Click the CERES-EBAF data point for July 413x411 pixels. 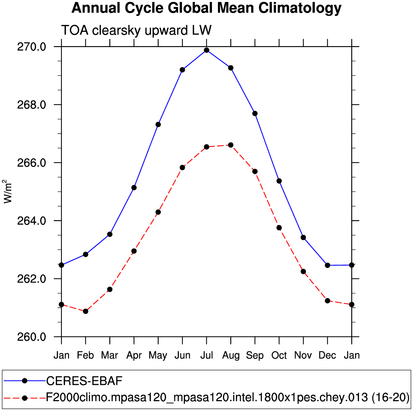206,50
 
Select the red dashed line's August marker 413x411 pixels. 231,145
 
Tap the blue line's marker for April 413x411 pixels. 134,188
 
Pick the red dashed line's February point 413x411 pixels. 86,311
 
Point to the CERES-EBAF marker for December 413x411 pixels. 327,265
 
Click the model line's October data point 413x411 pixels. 279,228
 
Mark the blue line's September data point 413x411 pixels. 255,114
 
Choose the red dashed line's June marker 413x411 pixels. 182,167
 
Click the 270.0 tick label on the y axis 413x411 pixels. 32,47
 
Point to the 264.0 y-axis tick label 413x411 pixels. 32,221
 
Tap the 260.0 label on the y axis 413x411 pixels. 32,337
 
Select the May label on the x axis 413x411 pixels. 158,355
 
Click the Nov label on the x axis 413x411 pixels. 303,355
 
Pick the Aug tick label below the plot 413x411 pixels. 231,355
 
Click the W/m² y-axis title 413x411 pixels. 8,192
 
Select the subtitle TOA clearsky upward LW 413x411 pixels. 136,30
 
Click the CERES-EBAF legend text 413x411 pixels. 84,381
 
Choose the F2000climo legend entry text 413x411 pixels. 228,398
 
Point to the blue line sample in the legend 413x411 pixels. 25,381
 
